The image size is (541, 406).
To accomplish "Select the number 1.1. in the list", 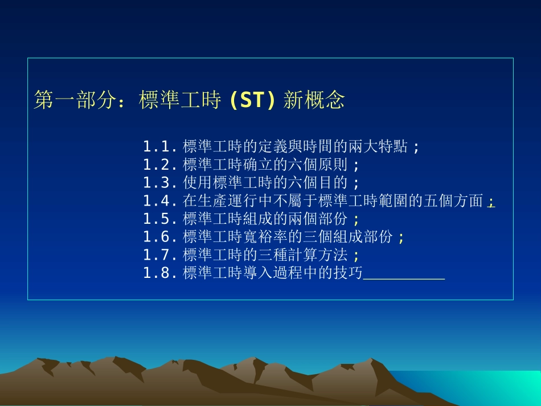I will [159, 147].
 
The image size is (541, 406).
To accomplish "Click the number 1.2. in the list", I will [159, 165].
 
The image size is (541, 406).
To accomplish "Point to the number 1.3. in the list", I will [159, 183].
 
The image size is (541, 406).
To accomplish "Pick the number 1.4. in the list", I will [159, 201].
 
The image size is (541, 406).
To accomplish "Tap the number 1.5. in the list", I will [159, 219].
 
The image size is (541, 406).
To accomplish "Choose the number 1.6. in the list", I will [159, 237].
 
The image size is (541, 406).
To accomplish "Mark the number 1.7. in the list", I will [159, 255].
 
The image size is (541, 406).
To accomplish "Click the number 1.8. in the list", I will [159, 273].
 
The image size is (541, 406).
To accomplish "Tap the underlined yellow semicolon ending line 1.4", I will [491, 202].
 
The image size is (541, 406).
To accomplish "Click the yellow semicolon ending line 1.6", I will [401, 238].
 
